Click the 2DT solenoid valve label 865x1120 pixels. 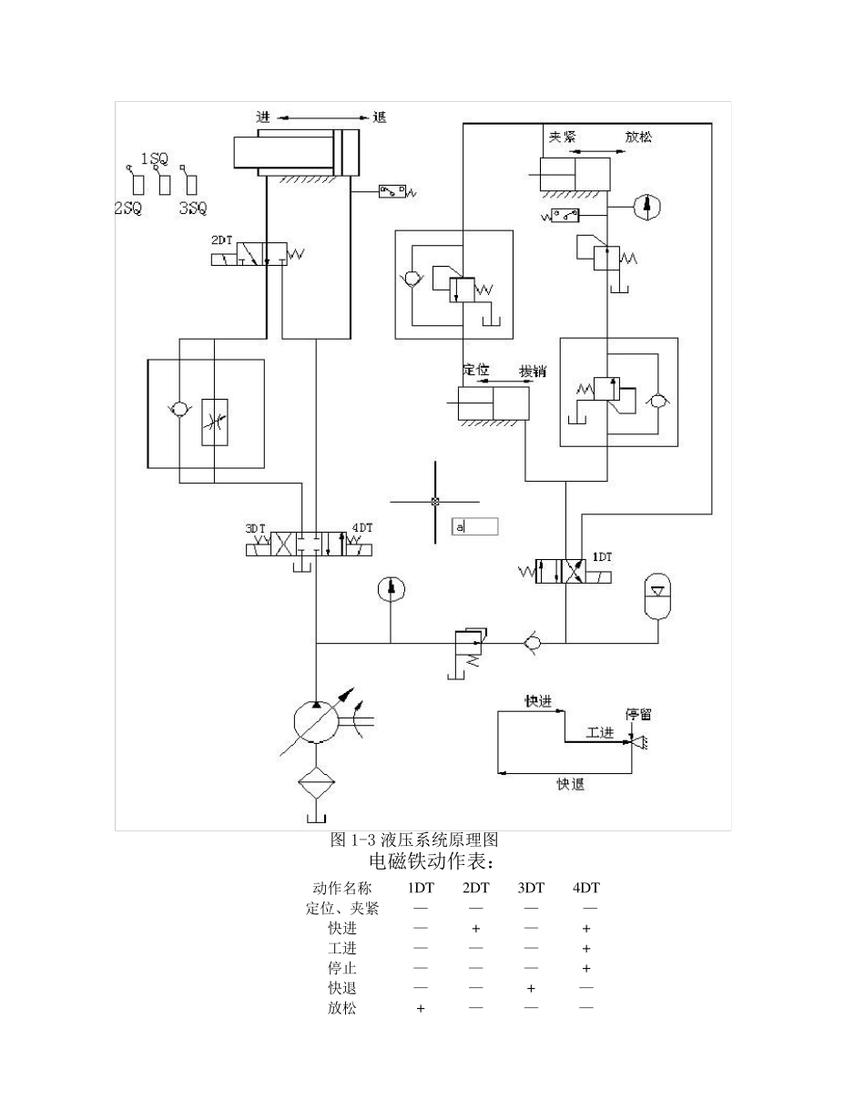coord(222,240)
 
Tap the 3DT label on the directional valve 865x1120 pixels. coord(255,529)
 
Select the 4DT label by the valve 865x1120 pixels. coord(361,527)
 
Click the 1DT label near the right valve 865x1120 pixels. coord(602,555)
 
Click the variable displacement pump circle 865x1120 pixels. coord(315,722)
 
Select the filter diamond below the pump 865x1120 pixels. coord(315,780)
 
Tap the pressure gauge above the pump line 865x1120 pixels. coord(391,589)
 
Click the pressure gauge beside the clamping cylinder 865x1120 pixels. coord(646,208)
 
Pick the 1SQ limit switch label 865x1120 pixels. coord(154,158)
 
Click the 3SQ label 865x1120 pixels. coord(192,209)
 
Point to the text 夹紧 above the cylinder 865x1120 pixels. coord(562,137)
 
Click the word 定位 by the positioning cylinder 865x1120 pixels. coord(476,370)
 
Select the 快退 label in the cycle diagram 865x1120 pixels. coord(571,784)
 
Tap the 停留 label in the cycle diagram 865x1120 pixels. coord(638,714)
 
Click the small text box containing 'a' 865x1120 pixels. coord(475,526)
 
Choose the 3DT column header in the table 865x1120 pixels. coord(531,888)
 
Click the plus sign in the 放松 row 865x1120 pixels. coord(420,1009)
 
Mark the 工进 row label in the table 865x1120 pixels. coord(342,949)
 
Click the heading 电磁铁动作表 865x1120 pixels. coord(432,861)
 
